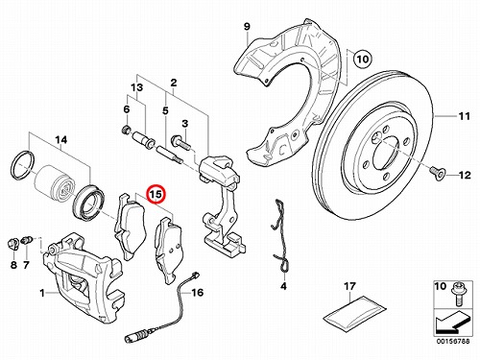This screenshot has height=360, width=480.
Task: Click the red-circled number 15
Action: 156,194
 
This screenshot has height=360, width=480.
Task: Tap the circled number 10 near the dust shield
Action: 363,60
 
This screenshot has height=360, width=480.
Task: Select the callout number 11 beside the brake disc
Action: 464,116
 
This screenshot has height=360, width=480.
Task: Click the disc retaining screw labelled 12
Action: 436,173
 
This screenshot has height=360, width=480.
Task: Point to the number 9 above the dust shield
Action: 247,26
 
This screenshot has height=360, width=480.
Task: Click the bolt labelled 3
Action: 180,143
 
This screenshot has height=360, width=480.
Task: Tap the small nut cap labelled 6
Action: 127,130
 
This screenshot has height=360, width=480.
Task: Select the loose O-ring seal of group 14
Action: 22,165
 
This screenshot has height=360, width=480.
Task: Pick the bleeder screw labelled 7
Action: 27,240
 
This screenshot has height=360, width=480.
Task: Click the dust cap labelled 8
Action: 12,245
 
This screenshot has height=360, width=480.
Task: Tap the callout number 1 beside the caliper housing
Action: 42,293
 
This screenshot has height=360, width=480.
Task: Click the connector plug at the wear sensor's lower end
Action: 135,338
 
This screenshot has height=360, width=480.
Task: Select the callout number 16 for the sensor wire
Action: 198,292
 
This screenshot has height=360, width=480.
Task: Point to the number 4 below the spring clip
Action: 283,286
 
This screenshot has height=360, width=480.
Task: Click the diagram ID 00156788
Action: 453,342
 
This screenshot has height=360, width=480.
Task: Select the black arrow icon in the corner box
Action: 452,324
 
